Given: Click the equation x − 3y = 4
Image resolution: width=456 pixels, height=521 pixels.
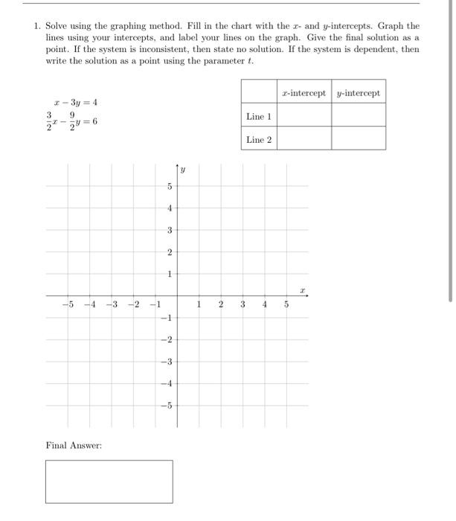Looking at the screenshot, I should click(76, 103).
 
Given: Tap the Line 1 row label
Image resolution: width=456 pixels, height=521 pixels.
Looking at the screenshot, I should click(259, 116).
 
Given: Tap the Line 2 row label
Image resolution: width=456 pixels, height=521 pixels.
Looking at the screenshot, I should click(259, 139).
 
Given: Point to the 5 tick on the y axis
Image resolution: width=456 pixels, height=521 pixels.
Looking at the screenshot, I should click(169, 186).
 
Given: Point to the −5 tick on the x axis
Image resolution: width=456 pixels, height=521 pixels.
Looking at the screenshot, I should click(68, 304).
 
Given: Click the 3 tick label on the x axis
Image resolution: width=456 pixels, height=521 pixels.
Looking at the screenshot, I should click(243, 304).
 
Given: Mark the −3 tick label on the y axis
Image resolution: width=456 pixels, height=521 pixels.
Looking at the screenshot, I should click(167, 362).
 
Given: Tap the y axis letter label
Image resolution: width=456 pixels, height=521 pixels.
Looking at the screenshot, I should click(183, 170).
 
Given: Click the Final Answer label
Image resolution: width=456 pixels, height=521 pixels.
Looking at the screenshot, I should click(74, 445).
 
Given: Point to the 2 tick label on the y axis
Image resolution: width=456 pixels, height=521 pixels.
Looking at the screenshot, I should click(169, 253).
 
